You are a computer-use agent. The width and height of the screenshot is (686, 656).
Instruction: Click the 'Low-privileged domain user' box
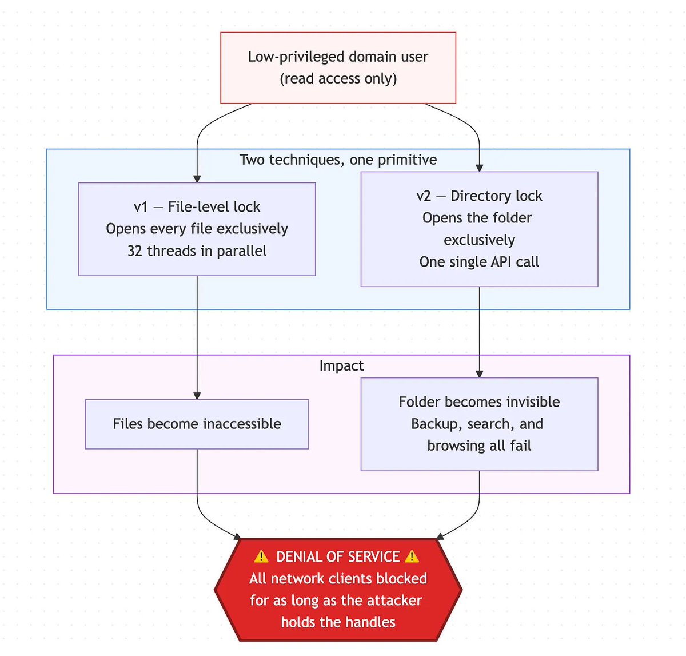pyautogui.click(x=338, y=67)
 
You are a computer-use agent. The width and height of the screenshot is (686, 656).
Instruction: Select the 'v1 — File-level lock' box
pyautogui.click(x=197, y=229)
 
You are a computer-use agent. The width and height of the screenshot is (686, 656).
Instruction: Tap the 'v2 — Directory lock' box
pyautogui.click(x=479, y=229)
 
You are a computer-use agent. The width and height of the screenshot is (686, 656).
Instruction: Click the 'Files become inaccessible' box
pyautogui.click(x=197, y=424)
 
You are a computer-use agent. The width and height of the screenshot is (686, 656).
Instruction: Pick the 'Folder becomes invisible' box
pyautogui.click(x=479, y=424)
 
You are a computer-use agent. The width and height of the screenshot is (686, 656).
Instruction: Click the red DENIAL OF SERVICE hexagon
pyautogui.click(x=338, y=589)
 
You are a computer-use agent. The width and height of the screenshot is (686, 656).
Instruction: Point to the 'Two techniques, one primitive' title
pyautogui.click(x=338, y=160)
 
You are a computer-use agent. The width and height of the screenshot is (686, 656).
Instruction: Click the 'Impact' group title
pyautogui.click(x=341, y=365)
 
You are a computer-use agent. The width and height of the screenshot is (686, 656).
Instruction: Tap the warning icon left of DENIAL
pyautogui.click(x=261, y=556)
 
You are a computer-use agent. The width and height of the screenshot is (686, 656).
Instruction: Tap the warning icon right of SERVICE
pyautogui.click(x=412, y=556)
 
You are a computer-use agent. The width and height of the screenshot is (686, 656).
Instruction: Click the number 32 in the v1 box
pyautogui.click(x=135, y=251)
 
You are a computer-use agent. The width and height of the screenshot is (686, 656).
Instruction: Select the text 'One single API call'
pyautogui.click(x=479, y=262)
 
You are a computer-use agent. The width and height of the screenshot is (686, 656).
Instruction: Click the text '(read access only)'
pyautogui.click(x=338, y=79)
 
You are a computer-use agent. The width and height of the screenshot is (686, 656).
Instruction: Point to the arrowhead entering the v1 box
pyautogui.click(x=197, y=178)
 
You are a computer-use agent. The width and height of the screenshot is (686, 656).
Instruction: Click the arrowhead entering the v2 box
pyautogui.click(x=479, y=168)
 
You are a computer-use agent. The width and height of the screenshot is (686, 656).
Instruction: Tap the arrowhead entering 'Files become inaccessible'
pyautogui.click(x=197, y=395)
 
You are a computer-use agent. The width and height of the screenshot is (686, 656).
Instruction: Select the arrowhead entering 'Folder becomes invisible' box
pyautogui.click(x=479, y=373)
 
